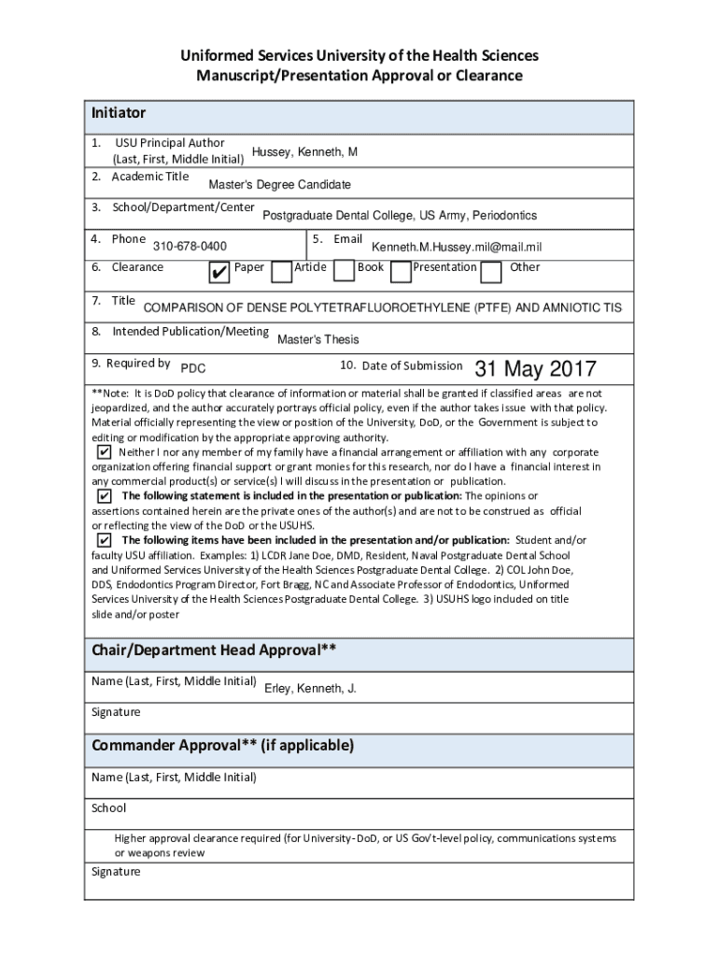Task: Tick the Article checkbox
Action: point(280,271)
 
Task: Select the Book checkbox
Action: point(344,271)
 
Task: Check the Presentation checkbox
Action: point(401,271)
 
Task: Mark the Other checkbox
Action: point(490,271)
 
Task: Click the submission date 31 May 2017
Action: point(535,369)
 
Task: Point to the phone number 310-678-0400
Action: point(190,247)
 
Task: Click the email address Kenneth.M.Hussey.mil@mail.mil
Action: point(457,247)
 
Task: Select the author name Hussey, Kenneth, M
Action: point(304,152)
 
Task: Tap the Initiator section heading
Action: point(119,113)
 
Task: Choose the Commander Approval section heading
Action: point(222,745)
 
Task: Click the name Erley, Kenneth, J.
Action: point(310,689)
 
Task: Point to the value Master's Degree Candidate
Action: point(279,185)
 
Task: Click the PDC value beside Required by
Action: point(192,369)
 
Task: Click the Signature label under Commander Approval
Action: point(116,872)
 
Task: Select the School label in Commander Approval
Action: point(108,807)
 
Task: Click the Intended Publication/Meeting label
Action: point(190,332)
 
